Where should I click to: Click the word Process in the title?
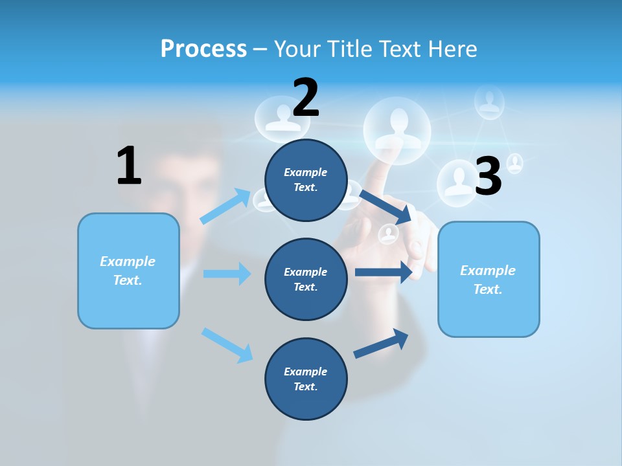coord(203,49)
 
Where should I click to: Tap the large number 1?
coord(129,166)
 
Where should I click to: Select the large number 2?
coord(306,98)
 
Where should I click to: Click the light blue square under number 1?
coord(128,271)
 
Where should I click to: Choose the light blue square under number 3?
coord(489,279)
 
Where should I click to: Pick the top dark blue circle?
coord(306,180)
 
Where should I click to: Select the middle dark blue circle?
coord(306,279)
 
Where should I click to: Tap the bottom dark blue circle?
coord(306,379)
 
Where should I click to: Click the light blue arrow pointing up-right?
coord(226,206)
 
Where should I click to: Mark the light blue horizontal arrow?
coord(227,274)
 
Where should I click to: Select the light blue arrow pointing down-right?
coord(227,344)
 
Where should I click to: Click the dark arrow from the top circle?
coord(386,206)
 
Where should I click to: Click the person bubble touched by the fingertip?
coord(397,127)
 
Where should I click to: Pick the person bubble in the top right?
coord(489,102)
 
